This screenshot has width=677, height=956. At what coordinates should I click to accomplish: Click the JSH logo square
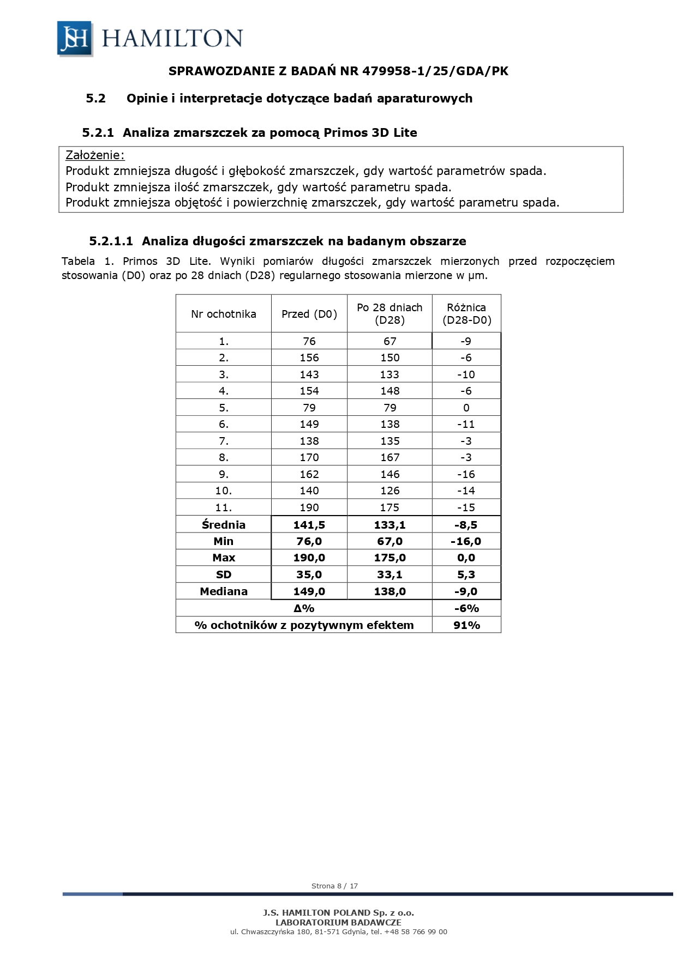[x=75, y=38]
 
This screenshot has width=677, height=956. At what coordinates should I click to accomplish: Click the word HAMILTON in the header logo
[x=172, y=39]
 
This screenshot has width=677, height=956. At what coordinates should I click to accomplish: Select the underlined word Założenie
[x=95, y=155]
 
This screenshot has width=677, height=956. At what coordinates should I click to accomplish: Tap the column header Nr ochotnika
[x=223, y=314]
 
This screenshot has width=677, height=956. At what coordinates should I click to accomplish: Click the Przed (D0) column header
[x=309, y=314]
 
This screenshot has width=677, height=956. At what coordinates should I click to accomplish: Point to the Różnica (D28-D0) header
[x=466, y=314]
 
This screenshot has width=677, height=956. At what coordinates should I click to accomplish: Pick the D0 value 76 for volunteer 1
[x=309, y=341]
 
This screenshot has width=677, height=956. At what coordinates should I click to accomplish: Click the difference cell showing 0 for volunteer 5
[x=466, y=408]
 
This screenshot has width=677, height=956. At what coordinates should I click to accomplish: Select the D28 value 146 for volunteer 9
[x=390, y=474]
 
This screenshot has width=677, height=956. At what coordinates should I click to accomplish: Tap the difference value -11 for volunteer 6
[x=466, y=424]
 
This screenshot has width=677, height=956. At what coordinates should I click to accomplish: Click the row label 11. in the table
[x=223, y=507]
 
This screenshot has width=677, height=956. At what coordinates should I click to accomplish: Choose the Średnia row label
[x=223, y=525]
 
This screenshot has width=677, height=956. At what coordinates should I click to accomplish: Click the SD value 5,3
[x=466, y=574]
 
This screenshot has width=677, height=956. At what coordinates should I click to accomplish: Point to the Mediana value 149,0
[x=309, y=591]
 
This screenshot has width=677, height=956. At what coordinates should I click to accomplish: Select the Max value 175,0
[x=390, y=558]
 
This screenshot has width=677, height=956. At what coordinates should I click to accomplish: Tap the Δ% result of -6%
[x=466, y=608]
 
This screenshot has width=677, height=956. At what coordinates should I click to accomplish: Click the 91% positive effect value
[x=466, y=625]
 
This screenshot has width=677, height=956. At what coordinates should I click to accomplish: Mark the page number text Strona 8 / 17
[x=334, y=886]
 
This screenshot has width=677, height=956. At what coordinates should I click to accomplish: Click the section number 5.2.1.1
[x=111, y=241]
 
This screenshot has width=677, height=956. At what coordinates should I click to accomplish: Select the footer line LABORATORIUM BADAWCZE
[x=338, y=922]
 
